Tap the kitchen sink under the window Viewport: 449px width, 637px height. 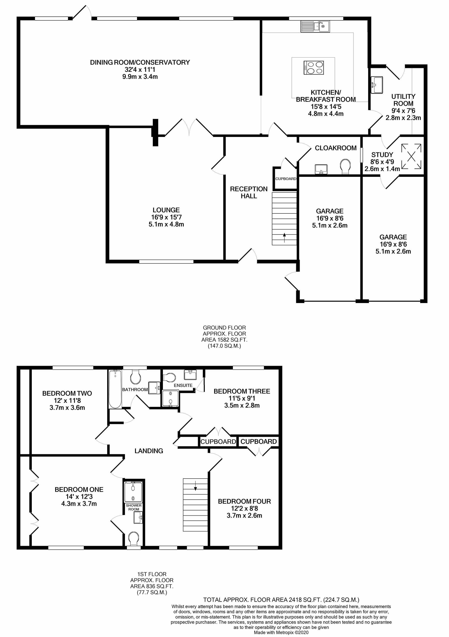315,27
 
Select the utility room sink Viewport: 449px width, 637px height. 377,85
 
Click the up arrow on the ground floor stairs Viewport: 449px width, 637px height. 284,238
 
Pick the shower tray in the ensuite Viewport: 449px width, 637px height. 170,398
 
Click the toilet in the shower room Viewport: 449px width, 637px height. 134,539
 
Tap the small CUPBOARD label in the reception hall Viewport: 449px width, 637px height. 285,179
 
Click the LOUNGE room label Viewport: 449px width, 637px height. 166,210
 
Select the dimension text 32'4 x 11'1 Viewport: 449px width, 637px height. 140,70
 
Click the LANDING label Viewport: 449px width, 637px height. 149,451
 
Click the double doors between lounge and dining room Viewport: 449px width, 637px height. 189,128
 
